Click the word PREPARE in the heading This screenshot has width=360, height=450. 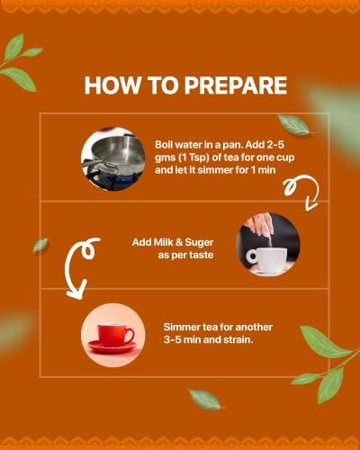pos(236,85)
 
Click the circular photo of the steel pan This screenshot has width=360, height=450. pos(113,159)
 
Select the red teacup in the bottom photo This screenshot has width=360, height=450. pos(116,335)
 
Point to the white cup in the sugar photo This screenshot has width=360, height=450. pos(266,259)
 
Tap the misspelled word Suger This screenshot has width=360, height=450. pos(199,243)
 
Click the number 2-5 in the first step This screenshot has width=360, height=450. pos(275,145)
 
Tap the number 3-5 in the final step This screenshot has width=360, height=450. pos(172,340)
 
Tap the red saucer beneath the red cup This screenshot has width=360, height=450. pos(112,346)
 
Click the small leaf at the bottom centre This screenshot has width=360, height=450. pos(205,399)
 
